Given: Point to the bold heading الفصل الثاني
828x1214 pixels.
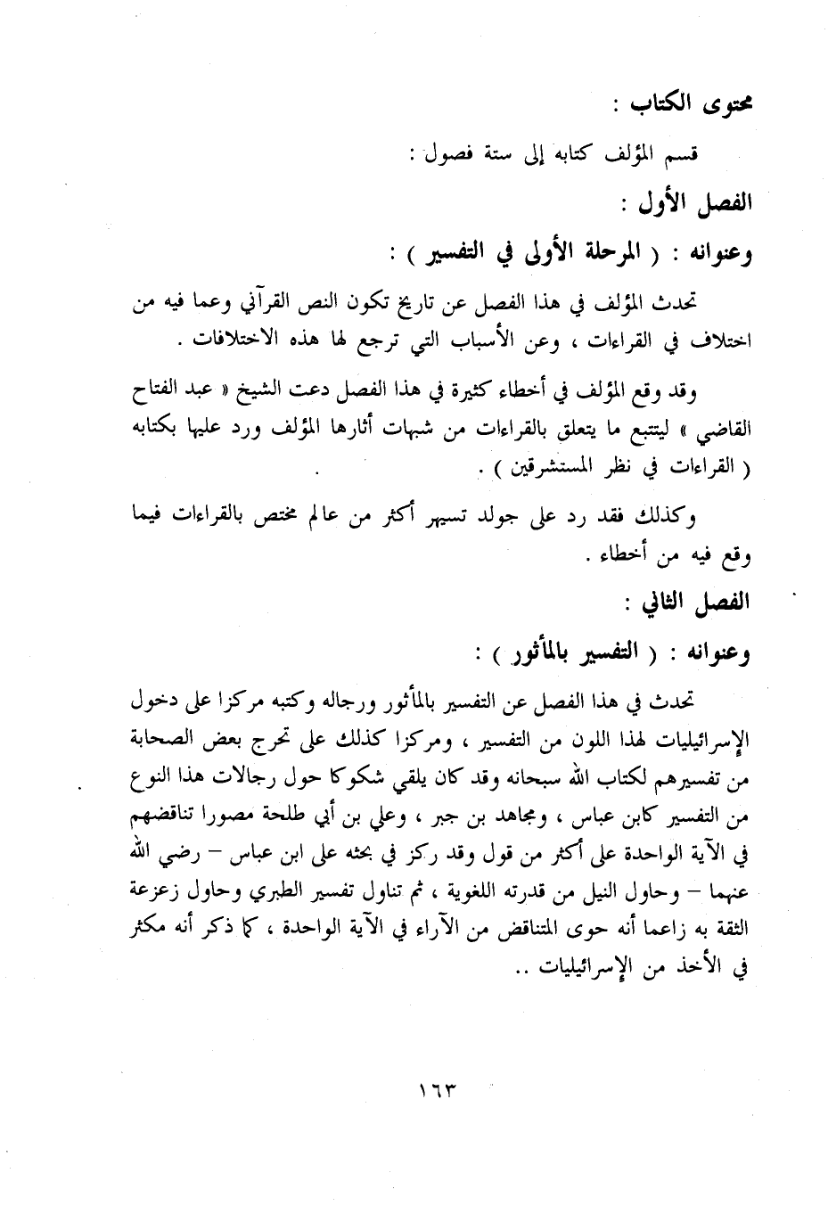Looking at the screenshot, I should coord(701,603).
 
